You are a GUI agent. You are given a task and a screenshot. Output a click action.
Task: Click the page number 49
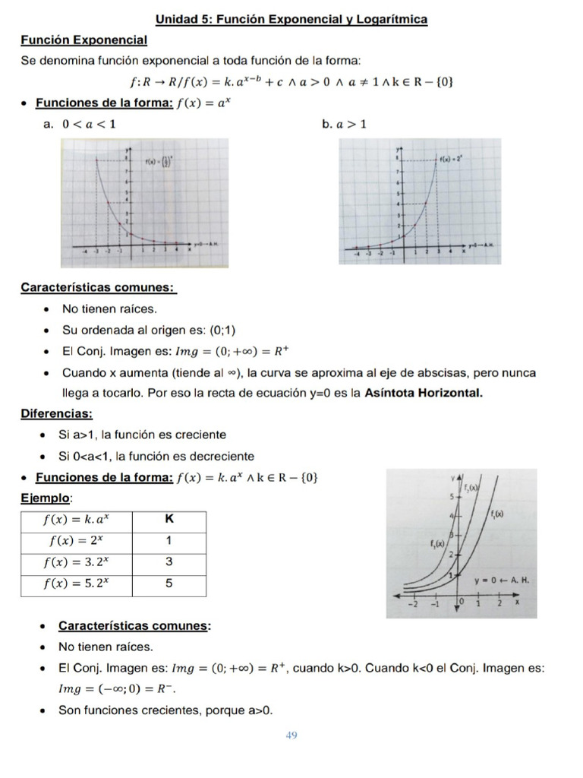point(291,735)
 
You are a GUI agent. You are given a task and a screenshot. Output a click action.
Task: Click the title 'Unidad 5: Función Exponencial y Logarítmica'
point(291,19)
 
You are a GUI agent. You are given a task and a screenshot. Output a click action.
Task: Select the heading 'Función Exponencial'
point(84,40)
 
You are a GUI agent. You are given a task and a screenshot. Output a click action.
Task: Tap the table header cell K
point(169,520)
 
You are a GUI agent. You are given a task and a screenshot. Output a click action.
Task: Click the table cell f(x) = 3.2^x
point(77,562)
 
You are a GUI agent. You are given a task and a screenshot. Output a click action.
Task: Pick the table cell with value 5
point(169,583)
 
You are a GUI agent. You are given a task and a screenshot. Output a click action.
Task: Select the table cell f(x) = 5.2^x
point(77,583)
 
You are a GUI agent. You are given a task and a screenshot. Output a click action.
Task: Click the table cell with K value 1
point(169,542)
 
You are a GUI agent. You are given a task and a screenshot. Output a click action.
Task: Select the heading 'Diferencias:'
point(57,414)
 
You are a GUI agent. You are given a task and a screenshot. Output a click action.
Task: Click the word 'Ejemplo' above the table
point(46,498)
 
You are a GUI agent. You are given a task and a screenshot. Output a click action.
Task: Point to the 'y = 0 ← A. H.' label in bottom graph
point(501,580)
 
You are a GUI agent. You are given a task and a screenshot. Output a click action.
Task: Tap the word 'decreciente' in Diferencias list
point(221,457)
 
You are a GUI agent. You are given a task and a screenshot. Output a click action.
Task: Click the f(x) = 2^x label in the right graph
point(453,160)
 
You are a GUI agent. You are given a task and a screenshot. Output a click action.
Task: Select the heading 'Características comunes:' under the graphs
point(99,288)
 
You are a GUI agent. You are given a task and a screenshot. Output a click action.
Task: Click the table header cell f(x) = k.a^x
point(77,520)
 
